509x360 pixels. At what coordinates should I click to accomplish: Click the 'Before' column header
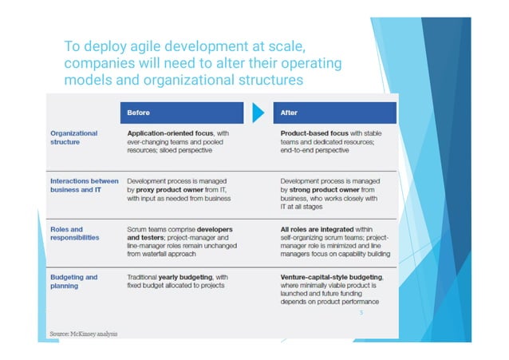point(139,113)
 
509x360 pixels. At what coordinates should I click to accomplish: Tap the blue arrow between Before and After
point(258,113)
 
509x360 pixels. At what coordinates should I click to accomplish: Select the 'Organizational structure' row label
point(74,138)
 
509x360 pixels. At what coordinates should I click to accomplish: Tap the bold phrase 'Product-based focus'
point(314,133)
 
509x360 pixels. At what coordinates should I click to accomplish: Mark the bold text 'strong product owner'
point(328,190)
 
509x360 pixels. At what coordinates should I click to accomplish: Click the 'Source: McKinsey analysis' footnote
point(83,333)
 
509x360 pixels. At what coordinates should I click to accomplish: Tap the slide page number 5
point(361,314)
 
